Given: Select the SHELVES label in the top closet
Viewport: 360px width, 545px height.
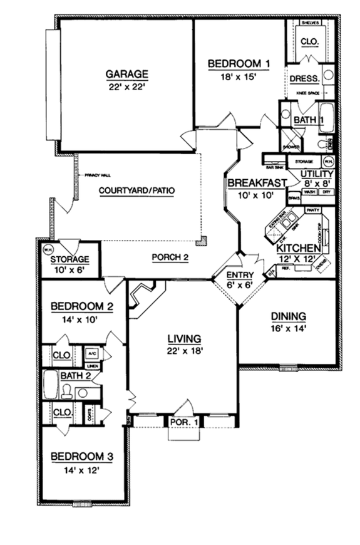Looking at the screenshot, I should tap(311, 23).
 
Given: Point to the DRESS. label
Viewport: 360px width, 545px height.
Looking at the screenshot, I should tap(305, 79).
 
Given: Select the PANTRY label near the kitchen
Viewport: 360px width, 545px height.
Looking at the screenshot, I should tap(312, 210).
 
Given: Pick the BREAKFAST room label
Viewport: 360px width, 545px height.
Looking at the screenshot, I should tap(256, 183).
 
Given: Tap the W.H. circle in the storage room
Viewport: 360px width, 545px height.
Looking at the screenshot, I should tap(46, 249).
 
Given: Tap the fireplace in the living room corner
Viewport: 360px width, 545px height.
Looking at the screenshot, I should tap(145, 294).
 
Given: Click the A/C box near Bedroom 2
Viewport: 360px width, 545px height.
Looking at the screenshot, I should tap(90, 353).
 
